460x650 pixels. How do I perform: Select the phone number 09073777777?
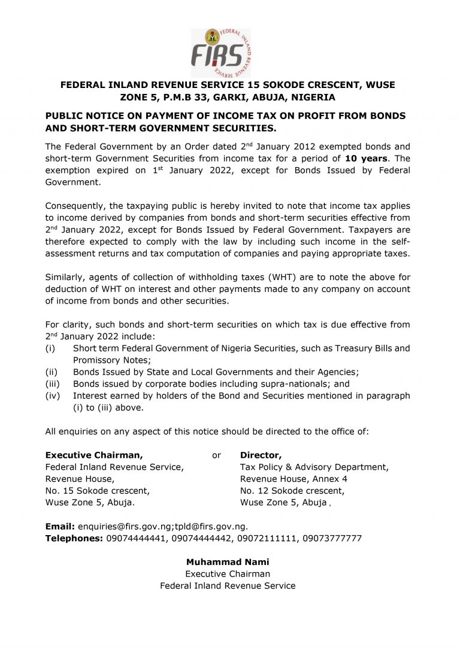[332, 538]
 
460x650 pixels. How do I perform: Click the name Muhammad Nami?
[228, 562]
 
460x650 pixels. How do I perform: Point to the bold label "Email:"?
[60, 527]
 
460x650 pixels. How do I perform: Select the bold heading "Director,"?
[261, 455]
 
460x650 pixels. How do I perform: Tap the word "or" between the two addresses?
[217, 455]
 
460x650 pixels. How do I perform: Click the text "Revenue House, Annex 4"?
[293, 479]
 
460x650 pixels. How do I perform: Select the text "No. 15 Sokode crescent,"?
[98, 491]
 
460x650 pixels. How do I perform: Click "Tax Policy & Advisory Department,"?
[314, 467]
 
